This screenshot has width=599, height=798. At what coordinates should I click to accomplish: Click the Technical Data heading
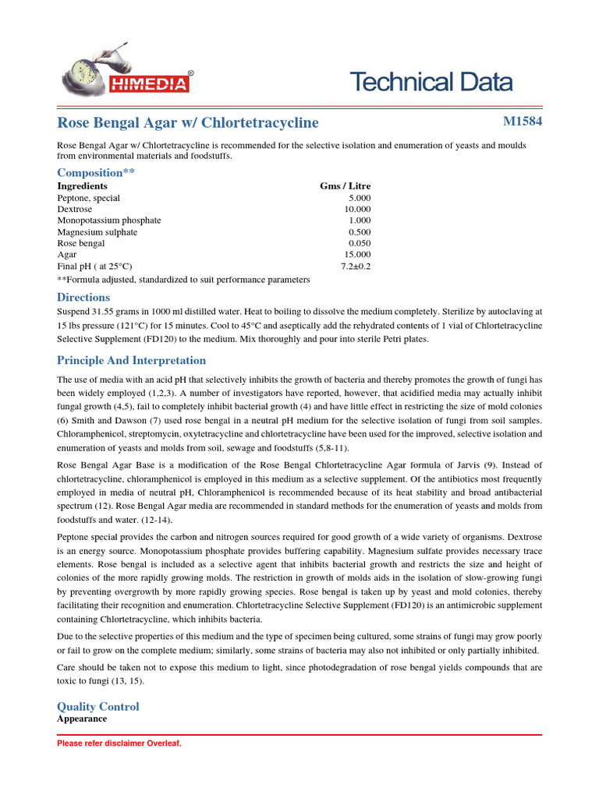[431, 81]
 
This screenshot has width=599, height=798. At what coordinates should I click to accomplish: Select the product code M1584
[523, 122]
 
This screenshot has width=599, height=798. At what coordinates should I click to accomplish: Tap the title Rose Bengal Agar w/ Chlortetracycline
[188, 122]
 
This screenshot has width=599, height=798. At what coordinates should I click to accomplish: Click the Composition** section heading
[96, 172]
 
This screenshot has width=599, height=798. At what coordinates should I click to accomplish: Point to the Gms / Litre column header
[346, 186]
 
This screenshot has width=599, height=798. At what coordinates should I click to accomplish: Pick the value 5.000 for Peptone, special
[360, 198]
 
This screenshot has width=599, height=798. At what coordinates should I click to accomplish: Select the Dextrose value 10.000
[357, 210]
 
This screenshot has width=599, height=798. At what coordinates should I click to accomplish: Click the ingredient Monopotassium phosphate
[109, 221]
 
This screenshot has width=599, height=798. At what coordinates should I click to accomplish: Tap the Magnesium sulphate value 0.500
[360, 232]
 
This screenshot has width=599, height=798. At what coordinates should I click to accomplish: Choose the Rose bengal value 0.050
[360, 243]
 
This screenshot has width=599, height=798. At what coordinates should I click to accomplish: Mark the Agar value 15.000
[357, 255]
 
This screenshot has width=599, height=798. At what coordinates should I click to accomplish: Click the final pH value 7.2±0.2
[356, 266]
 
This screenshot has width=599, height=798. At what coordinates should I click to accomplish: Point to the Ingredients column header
[83, 186]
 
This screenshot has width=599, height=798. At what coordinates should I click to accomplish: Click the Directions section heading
[83, 297]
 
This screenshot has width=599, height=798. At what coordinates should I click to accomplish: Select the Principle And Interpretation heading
[132, 360]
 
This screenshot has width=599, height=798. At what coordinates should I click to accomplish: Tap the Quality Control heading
[98, 706]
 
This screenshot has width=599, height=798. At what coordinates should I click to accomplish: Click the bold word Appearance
[82, 719]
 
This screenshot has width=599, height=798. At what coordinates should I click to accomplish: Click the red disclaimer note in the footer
[119, 743]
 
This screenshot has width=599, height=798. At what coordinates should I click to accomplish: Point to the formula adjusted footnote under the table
[183, 278]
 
